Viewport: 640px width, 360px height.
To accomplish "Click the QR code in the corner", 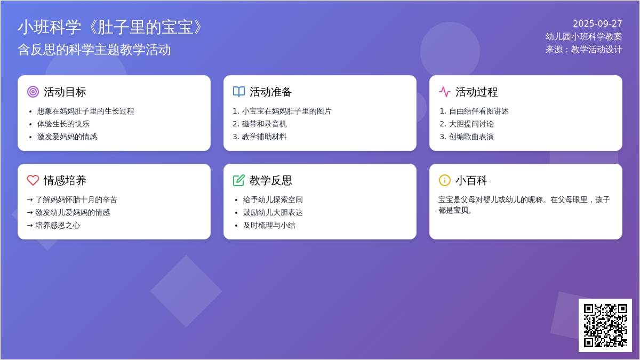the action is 605,325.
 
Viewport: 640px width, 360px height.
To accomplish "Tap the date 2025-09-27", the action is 597,23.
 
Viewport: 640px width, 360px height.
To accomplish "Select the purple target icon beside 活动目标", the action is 33,92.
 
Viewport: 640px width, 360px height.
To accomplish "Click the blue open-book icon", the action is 239,92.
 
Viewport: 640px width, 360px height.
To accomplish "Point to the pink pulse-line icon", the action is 445,92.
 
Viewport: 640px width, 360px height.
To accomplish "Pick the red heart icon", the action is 33,180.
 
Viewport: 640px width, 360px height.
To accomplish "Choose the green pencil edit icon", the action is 239,180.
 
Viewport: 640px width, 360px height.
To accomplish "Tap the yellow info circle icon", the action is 445,180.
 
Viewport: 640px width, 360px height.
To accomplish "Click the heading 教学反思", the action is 270,180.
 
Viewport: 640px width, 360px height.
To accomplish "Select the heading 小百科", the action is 471,180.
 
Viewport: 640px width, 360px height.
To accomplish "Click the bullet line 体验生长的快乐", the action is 63,124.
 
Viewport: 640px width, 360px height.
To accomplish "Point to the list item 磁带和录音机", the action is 264,124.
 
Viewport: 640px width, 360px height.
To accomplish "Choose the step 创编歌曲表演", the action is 471,137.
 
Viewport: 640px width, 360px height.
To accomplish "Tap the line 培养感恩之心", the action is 58,226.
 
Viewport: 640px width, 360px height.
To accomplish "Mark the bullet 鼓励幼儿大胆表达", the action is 273,213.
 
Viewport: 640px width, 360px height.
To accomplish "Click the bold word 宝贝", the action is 461,211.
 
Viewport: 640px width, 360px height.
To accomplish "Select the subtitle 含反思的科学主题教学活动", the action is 94,50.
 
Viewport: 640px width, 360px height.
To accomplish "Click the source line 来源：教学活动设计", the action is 583,50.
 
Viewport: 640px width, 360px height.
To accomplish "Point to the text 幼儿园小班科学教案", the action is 583,37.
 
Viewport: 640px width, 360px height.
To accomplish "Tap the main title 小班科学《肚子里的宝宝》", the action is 110,27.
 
